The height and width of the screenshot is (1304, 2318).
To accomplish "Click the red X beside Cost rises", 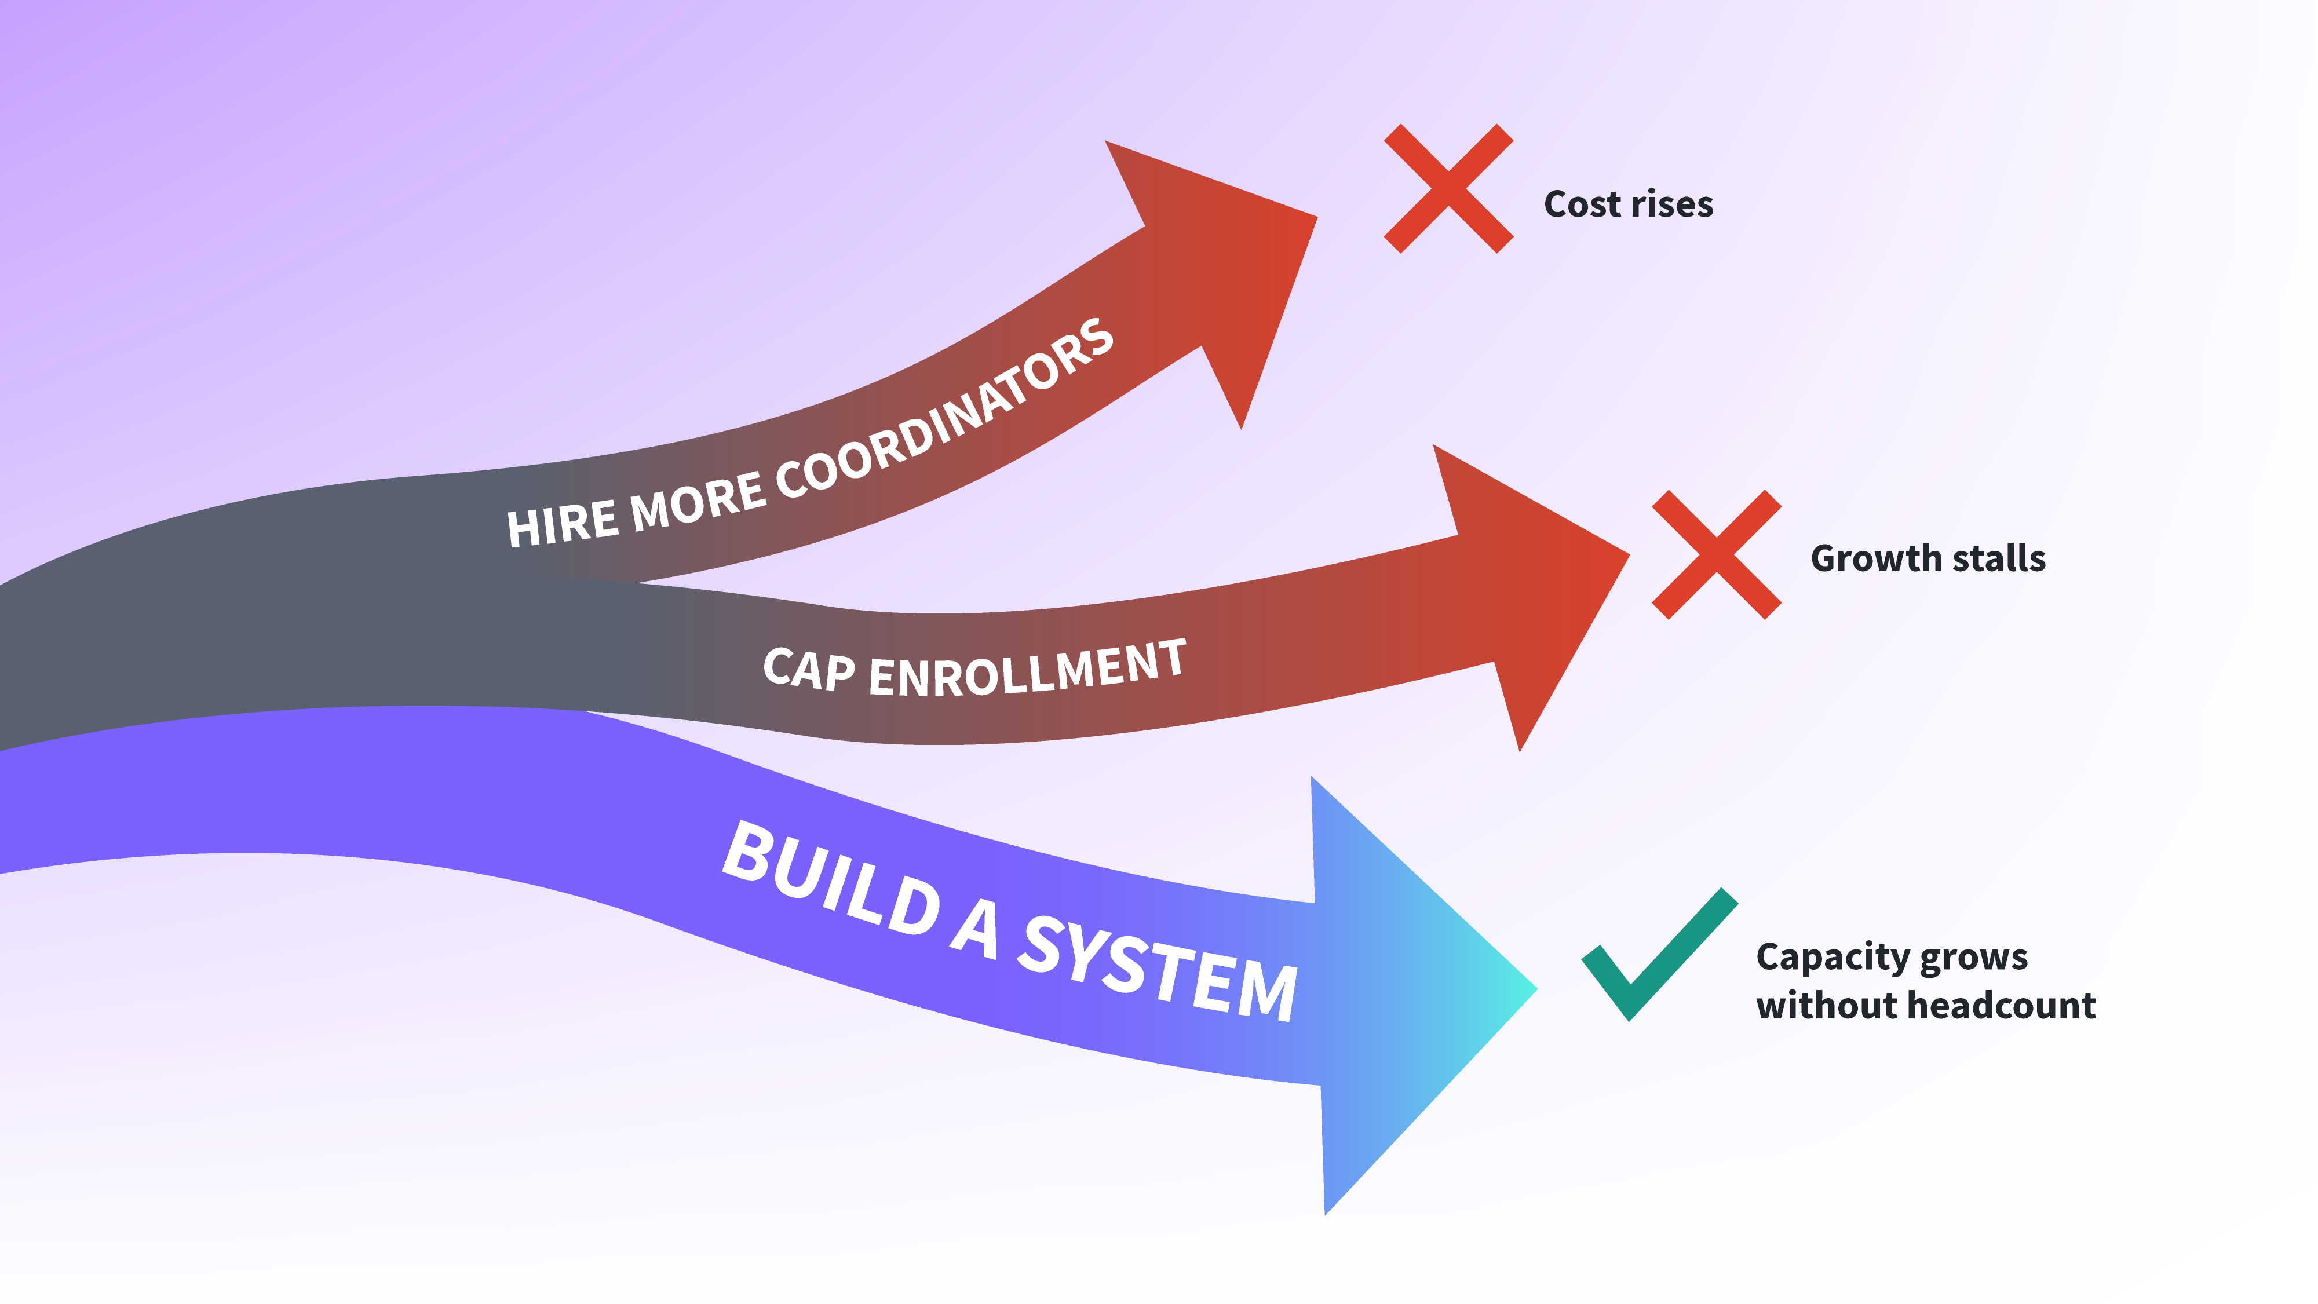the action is point(1448,188).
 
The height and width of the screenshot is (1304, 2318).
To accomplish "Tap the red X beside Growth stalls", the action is point(1716,554).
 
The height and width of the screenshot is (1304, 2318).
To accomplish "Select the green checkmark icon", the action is point(1659,954).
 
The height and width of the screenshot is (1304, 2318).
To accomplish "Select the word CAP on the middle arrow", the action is point(809,670).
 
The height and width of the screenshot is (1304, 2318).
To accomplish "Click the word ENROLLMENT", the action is point(1028,669).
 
